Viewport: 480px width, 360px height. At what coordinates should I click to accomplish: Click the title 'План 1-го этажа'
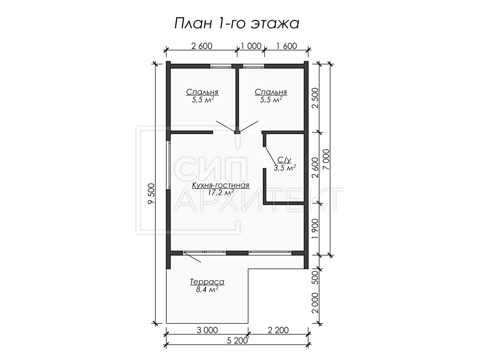click(237, 23)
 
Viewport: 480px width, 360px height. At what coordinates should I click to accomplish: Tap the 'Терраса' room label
click(207, 282)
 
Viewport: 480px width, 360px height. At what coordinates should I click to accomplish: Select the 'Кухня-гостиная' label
click(221, 185)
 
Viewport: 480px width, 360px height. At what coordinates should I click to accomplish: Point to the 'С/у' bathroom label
click(284, 160)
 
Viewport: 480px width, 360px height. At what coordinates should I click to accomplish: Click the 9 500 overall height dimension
click(151, 194)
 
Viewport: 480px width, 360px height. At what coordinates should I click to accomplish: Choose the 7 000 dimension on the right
click(326, 160)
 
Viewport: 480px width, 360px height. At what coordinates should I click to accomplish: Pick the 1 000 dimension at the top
click(251, 46)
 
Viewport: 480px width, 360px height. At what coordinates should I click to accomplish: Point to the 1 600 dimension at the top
click(287, 46)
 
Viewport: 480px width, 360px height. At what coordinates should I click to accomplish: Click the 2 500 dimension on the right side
click(315, 98)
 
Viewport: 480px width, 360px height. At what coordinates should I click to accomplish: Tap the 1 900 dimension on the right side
click(315, 229)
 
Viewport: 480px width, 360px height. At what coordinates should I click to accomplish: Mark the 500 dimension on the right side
click(315, 278)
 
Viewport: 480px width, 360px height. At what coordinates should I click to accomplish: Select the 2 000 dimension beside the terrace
click(315, 303)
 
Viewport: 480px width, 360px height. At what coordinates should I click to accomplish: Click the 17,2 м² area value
click(221, 192)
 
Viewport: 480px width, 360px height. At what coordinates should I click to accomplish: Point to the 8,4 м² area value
click(207, 289)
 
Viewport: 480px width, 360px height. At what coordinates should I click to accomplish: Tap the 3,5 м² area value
click(285, 168)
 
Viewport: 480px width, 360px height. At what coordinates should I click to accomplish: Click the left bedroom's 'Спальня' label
click(202, 92)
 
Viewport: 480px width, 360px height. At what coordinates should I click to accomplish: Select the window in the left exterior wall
click(168, 165)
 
